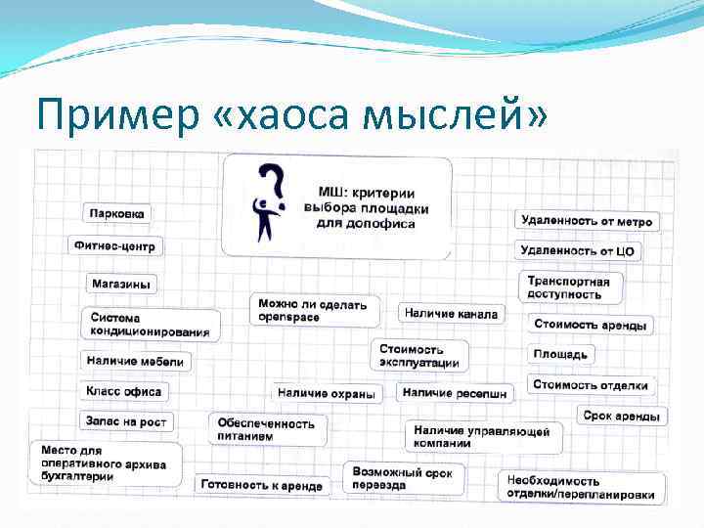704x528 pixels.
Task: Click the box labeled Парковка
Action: click(x=117, y=213)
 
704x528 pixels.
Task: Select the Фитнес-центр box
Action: click(x=114, y=245)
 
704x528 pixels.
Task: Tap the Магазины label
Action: click(x=122, y=284)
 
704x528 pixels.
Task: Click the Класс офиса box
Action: click(x=124, y=391)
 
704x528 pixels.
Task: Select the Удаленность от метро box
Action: click(x=587, y=221)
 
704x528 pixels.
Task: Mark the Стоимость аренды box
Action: click(x=590, y=324)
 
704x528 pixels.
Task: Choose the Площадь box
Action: click(x=561, y=353)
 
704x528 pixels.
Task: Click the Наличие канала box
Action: click(x=451, y=313)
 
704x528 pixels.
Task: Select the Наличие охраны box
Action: click(x=327, y=393)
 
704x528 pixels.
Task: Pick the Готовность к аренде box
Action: click(x=261, y=485)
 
